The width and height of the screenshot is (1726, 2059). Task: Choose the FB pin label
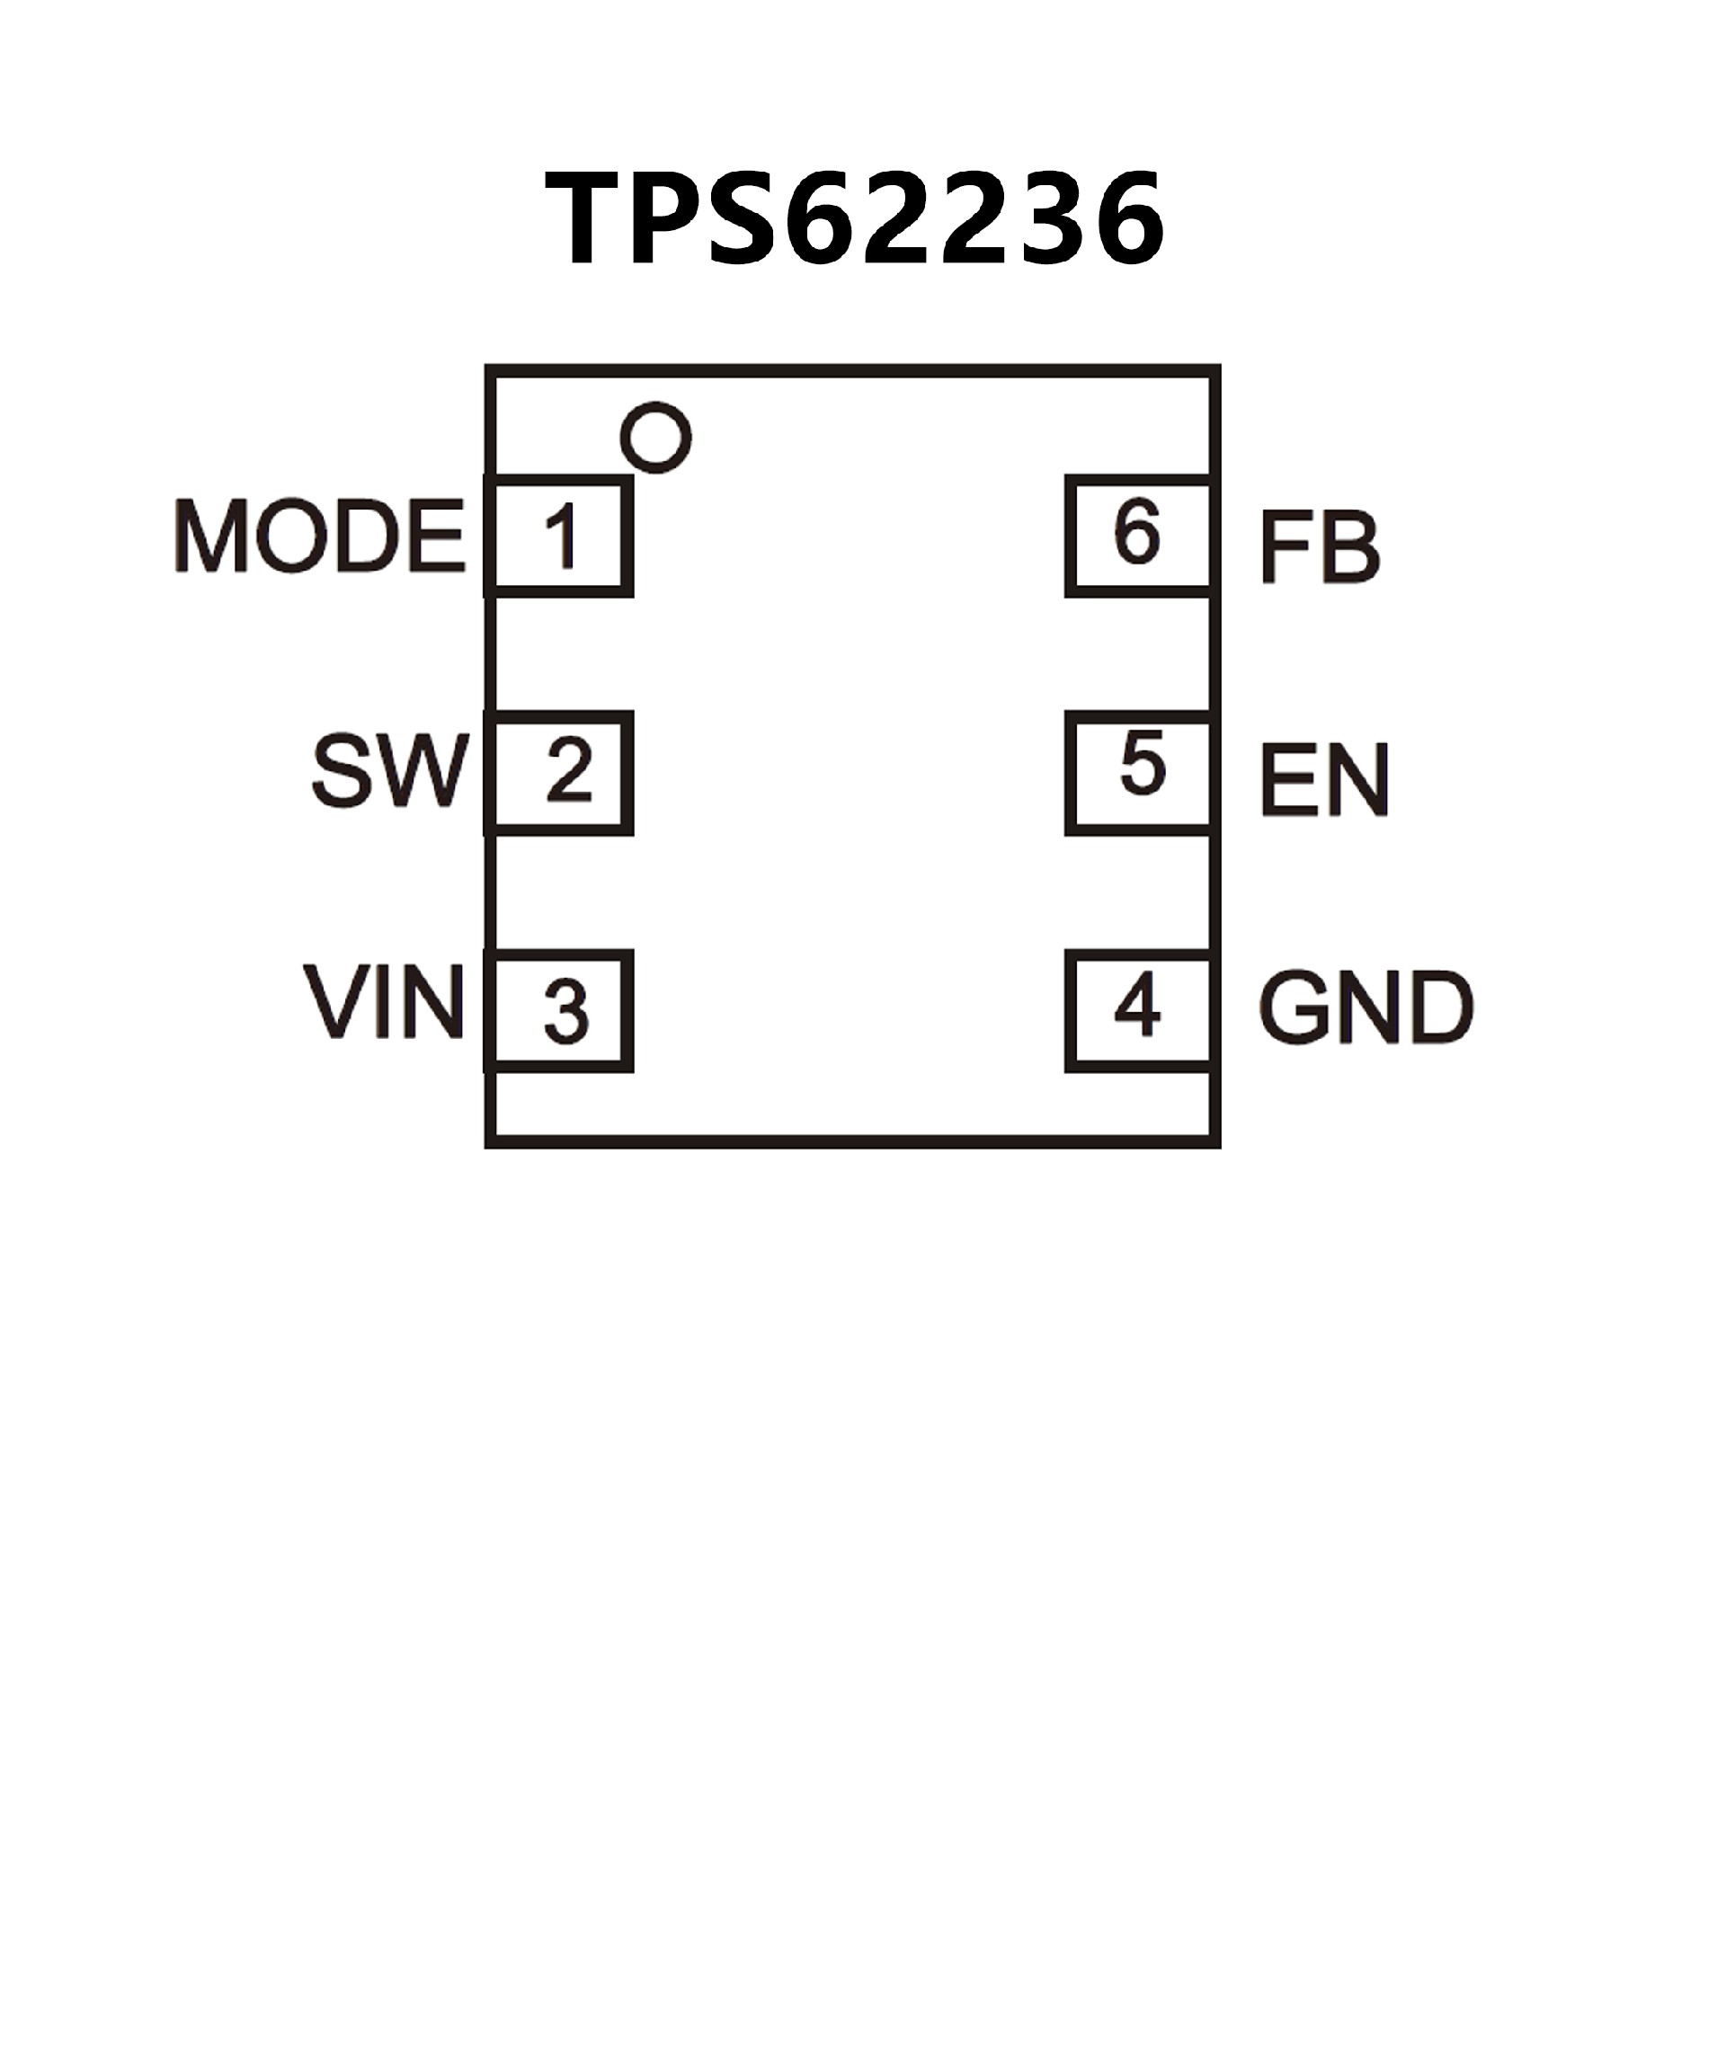[1319, 547]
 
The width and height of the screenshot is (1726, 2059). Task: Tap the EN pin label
[1324, 780]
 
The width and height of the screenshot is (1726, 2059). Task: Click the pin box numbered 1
[559, 537]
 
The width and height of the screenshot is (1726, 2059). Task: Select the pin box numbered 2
[559, 775]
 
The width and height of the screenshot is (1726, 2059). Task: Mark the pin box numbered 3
[559, 1011]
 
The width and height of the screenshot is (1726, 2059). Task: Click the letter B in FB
[1349, 547]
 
